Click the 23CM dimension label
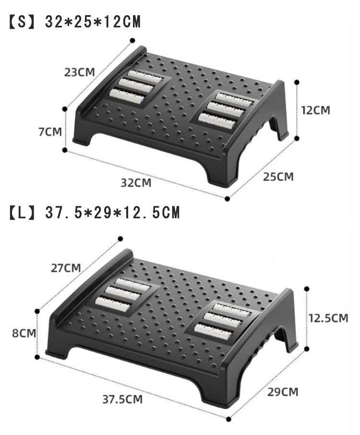[x=80, y=72]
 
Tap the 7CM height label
[x=50, y=131]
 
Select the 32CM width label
[x=136, y=183]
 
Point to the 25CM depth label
[x=278, y=176]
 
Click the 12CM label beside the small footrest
[x=316, y=110]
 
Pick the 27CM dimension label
[x=66, y=268]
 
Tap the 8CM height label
[x=24, y=333]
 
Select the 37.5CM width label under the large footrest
[x=122, y=399]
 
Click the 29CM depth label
[x=283, y=392]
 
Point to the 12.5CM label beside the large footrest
[x=328, y=318]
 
